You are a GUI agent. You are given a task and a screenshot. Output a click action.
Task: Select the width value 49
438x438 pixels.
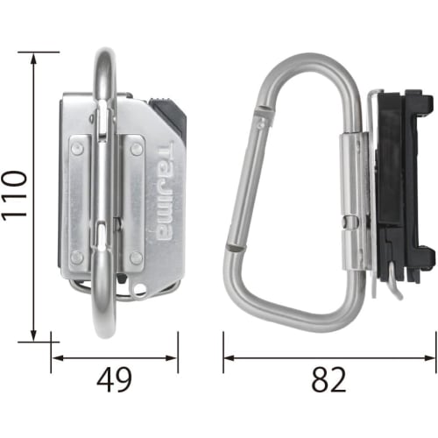click(114, 380)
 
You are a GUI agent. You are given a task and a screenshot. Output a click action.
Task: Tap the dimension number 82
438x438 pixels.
click(328, 380)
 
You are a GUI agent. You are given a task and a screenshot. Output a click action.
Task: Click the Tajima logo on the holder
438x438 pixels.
click(165, 193)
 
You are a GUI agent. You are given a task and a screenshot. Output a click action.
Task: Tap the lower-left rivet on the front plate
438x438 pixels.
click(78, 257)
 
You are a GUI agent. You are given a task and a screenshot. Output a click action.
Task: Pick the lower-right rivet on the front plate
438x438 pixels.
click(136, 257)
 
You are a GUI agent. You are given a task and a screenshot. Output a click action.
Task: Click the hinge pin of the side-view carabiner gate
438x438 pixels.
click(260, 111)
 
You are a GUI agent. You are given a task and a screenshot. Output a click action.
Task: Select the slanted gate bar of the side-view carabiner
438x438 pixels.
click(245, 175)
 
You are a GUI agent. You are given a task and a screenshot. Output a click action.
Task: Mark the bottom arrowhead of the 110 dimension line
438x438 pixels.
click(34, 335)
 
